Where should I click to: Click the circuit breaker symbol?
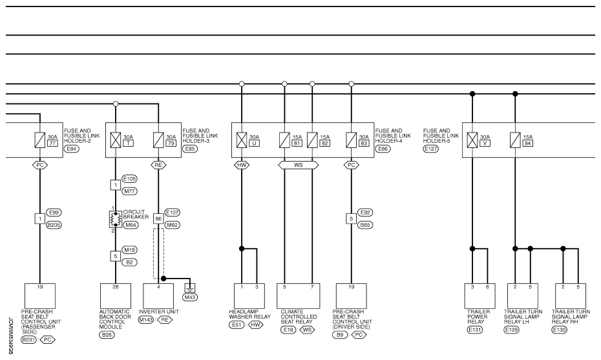[x=116, y=219]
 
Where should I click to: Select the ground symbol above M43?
[x=190, y=288]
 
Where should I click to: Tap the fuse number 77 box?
[x=52, y=143]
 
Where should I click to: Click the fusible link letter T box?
[x=129, y=143]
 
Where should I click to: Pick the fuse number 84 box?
[x=528, y=143]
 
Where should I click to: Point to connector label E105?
[x=129, y=178]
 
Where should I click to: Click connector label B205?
[x=54, y=225]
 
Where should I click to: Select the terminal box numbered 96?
[x=158, y=218]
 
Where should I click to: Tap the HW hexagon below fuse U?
[x=242, y=165]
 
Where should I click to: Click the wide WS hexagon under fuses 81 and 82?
[x=298, y=165]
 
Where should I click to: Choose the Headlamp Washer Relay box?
[x=249, y=296]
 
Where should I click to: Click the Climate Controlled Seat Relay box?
[x=298, y=296]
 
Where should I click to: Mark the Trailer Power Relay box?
[x=480, y=296]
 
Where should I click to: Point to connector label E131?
[x=475, y=330]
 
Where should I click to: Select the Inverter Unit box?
[x=158, y=296]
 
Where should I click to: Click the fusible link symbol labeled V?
[x=472, y=140]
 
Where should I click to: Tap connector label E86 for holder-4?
[x=383, y=149]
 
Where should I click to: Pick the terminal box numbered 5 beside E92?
[x=351, y=218]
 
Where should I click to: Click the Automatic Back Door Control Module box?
[x=116, y=296]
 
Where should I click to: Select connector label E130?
[x=559, y=330]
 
